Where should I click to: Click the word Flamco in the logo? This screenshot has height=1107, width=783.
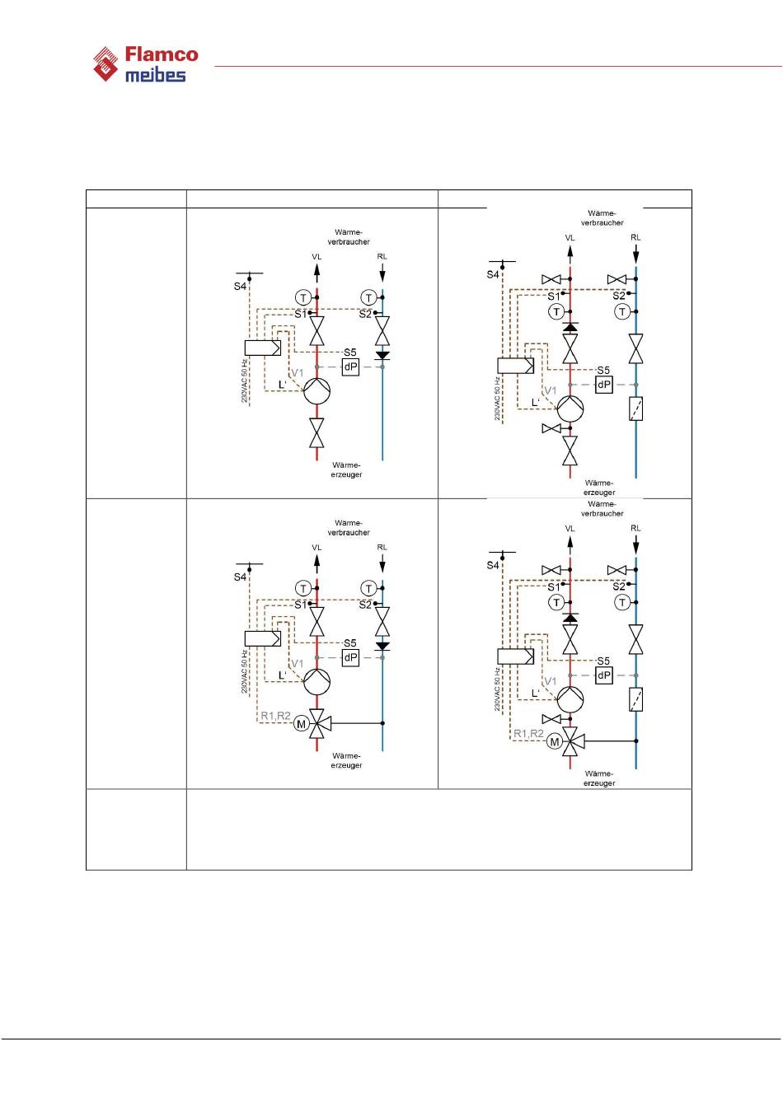tap(162, 55)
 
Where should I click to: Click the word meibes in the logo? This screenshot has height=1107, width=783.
tap(155, 75)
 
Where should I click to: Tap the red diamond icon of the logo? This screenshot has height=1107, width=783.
tap(105, 64)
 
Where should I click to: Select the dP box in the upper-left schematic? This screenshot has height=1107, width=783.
tap(350, 367)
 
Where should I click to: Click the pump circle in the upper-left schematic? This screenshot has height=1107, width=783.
tap(316, 391)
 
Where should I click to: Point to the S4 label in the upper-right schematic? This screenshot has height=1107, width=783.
tap(493, 274)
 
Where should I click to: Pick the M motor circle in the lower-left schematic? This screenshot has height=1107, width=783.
tap(302, 724)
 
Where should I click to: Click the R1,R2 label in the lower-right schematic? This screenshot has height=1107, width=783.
tap(528, 733)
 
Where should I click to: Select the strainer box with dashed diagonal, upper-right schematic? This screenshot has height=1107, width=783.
tap(635, 409)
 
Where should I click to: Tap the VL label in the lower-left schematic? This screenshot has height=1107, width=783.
tap(316, 547)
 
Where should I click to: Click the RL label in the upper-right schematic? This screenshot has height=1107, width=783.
tap(635, 237)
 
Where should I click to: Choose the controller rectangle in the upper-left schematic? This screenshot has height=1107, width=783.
tap(263, 348)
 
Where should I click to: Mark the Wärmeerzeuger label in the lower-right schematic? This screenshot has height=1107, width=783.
tap(599, 778)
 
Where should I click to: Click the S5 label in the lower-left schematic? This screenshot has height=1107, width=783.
tap(350, 643)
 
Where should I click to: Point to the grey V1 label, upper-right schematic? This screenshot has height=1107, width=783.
tap(550, 390)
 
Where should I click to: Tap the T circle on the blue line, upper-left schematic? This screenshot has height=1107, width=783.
tap(368, 297)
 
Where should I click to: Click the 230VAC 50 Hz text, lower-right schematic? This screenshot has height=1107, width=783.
tap(498, 689)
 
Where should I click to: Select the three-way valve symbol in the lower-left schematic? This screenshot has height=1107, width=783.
tap(317, 723)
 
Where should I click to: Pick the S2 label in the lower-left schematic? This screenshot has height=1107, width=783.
tap(365, 605)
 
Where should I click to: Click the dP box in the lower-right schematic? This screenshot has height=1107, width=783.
tap(604, 675)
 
